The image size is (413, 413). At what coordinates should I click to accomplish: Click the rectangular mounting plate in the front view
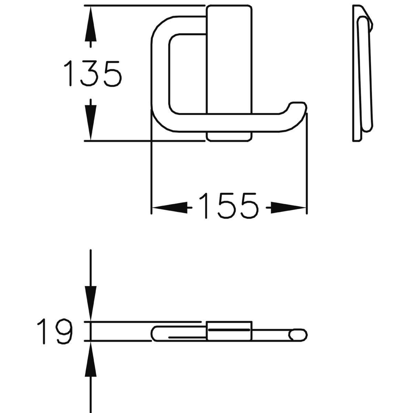click(229, 59)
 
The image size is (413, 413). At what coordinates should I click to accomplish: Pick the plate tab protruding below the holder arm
click(229, 136)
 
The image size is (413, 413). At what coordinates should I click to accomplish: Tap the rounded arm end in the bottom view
click(298, 335)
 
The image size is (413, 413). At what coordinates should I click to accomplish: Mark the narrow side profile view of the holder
click(362, 74)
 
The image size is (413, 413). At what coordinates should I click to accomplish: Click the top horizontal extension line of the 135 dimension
click(145, 6)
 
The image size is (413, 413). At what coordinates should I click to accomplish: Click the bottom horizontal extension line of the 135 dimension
click(145, 141)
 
